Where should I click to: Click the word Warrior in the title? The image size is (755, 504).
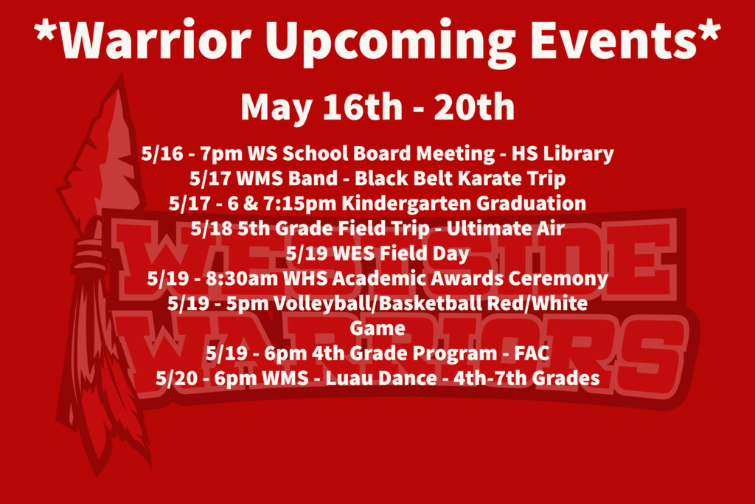(156, 41)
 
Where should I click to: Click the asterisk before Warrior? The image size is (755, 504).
(46, 31)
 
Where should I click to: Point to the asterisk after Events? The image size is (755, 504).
(709, 31)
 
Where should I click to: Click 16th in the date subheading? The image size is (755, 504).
(362, 106)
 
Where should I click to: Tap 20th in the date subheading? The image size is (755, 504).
(474, 106)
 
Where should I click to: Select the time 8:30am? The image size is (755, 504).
(242, 278)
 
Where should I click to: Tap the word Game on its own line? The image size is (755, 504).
(377, 328)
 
